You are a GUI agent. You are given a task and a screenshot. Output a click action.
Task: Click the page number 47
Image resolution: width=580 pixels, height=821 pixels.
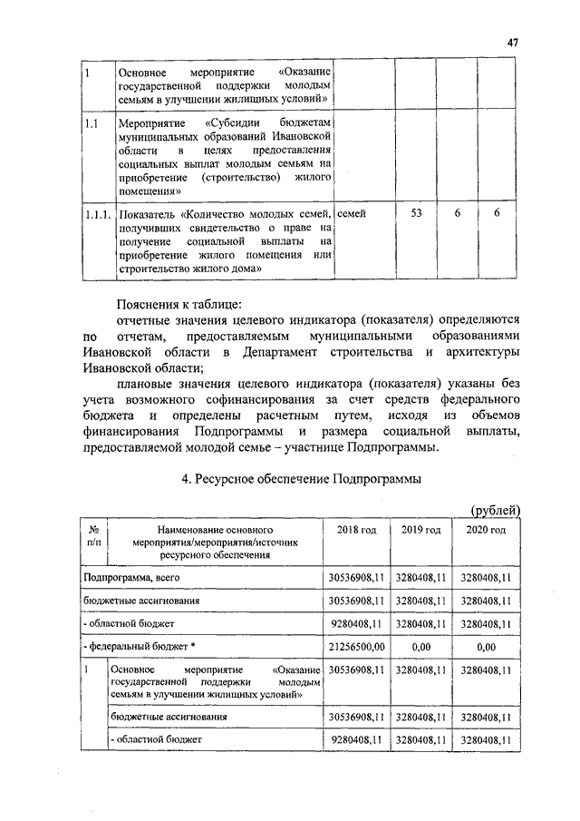click(x=512, y=42)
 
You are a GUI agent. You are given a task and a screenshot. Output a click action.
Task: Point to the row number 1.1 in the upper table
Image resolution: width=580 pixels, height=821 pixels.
click(x=91, y=121)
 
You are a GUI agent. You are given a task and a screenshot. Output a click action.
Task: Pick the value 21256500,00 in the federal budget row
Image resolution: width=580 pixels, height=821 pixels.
click(x=356, y=648)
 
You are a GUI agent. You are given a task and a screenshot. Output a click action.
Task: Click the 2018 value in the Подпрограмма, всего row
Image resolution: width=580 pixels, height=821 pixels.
click(x=356, y=577)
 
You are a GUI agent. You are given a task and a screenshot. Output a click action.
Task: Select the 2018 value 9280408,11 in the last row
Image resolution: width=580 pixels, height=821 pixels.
click(x=356, y=740)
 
